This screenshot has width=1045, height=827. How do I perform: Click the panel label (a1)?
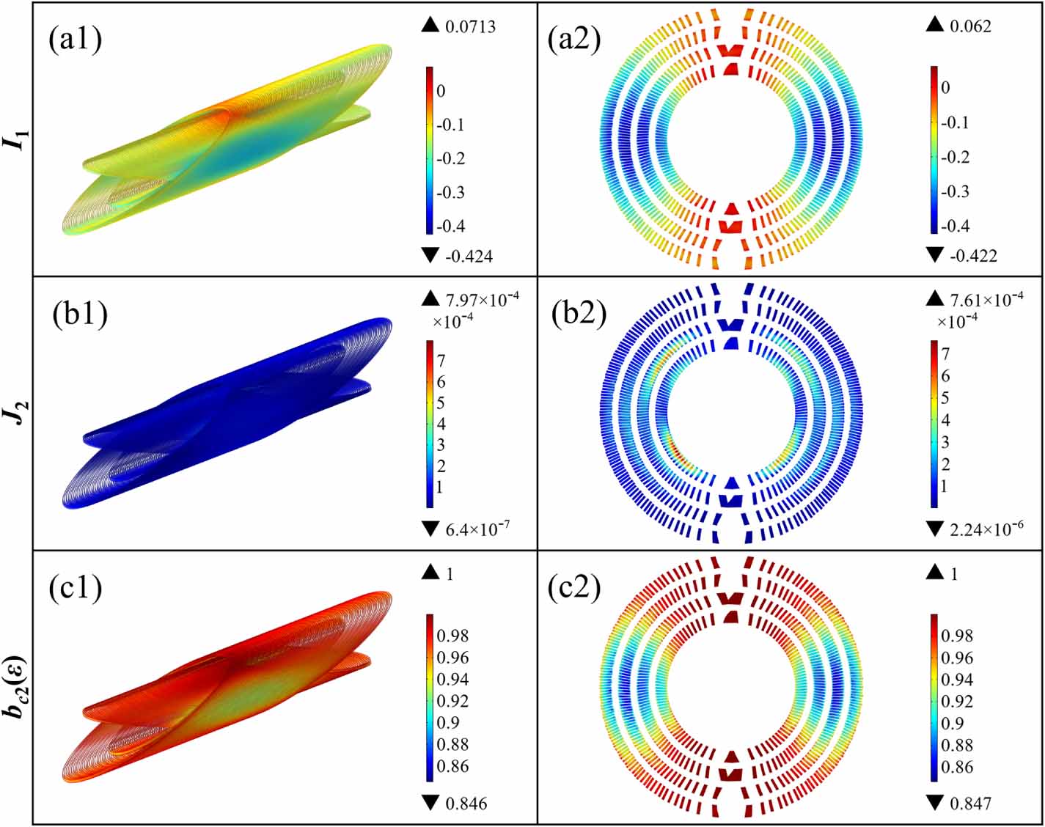point(76,40)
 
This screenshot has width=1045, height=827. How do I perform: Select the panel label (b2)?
point(579,315)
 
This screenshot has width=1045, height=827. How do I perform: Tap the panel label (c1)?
point(76,588)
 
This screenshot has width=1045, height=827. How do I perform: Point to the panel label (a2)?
point(574,40)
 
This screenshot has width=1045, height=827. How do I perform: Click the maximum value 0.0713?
point(471,26)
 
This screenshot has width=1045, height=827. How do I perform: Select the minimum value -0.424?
point(469,256)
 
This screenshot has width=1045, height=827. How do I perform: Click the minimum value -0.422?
point(973,255)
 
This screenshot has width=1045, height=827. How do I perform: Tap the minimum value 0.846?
point(466,804)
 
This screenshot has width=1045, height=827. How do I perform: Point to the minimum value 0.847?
point(971,804)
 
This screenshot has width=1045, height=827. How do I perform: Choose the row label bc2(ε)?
point(19,686)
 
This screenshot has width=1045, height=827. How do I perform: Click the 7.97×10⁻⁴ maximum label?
point(483,298)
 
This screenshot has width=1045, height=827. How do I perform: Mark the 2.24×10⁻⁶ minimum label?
point(987,529)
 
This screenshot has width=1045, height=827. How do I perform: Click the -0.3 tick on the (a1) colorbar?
point(450,193)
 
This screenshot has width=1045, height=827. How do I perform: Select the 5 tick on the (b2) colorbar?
point(945,398)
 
